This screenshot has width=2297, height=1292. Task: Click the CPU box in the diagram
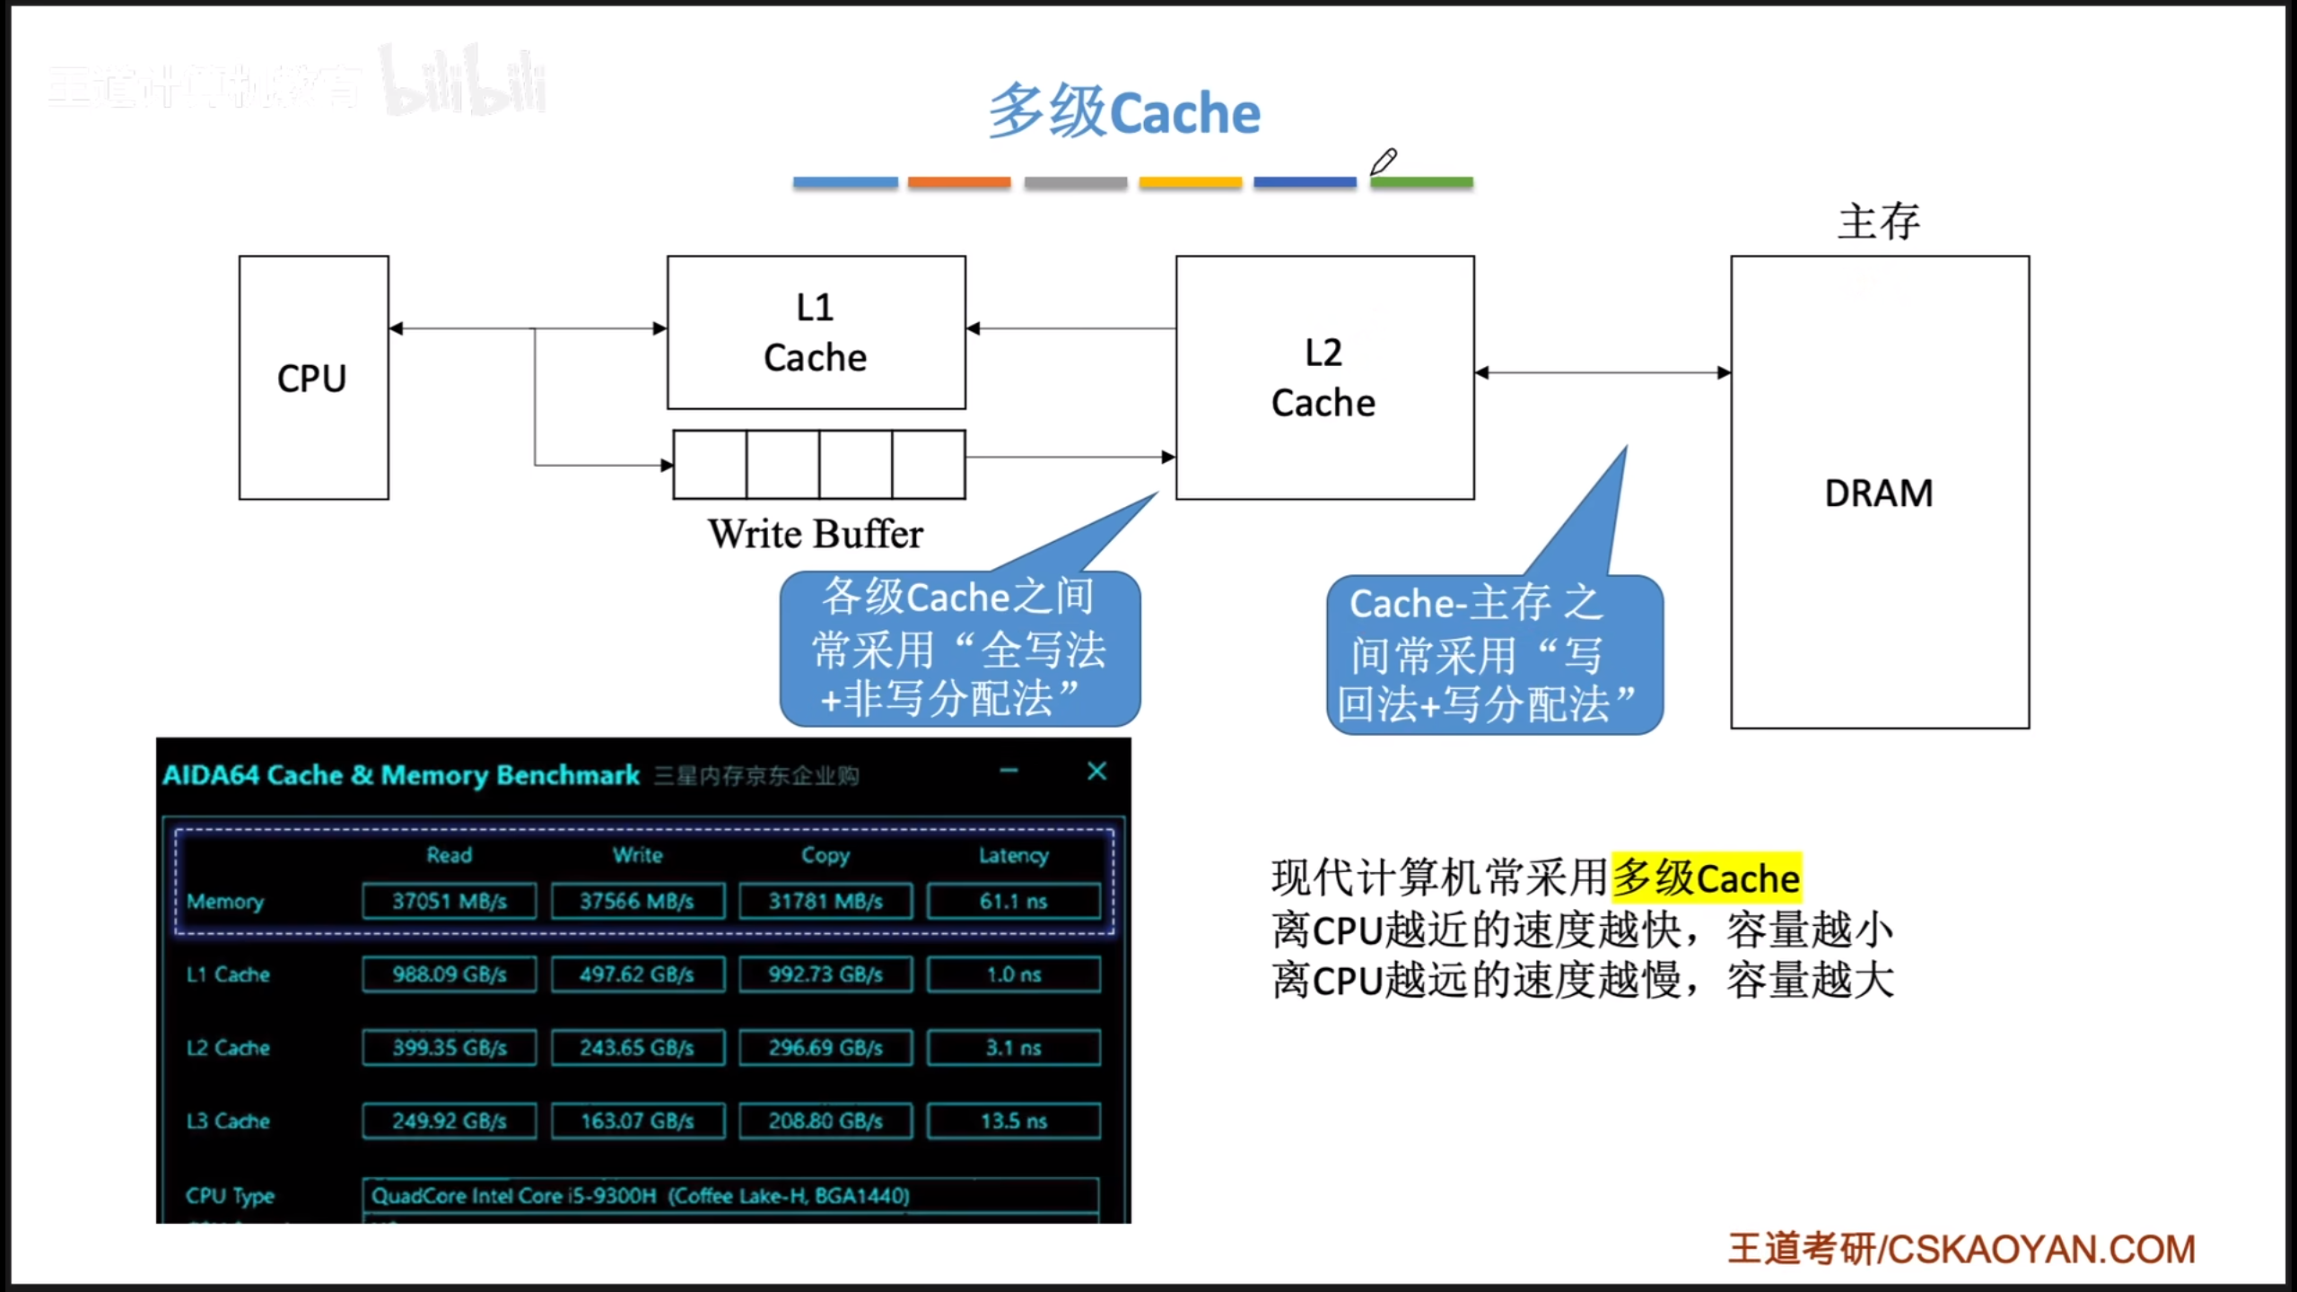tap(313, 378)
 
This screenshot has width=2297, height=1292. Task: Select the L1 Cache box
tap(816, 333)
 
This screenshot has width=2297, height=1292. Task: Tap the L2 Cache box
tap(1324, 378)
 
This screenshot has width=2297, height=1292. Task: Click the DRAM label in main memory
tap(1879, 493)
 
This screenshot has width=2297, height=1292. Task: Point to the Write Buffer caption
tap(815, 534)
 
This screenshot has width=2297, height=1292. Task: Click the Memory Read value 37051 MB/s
tap(450, 901)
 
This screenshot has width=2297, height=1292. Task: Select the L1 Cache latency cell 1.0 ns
tap(1014, 974)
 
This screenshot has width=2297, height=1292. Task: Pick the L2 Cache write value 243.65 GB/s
tap(637, 1048)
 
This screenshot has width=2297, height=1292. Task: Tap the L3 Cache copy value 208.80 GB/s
tap(825, 1121)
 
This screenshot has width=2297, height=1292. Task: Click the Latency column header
tap(1013, 855)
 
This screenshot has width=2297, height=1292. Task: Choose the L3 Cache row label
tap(228, 1121)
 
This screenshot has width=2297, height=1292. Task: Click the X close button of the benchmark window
tap(1096, 772)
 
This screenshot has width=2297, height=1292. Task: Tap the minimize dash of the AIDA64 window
tap(1009, 771)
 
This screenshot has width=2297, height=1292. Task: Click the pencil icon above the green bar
tap(1384, 161)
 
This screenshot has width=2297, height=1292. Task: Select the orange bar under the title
tap(959, 182)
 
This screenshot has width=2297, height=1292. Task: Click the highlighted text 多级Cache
tap(1707, 877)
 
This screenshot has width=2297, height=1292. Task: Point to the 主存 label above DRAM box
tap(1879, 221)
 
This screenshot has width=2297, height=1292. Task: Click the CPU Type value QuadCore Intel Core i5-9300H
tap(641, 1195)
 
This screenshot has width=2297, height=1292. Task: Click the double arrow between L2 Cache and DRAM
tap(1603, 372)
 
